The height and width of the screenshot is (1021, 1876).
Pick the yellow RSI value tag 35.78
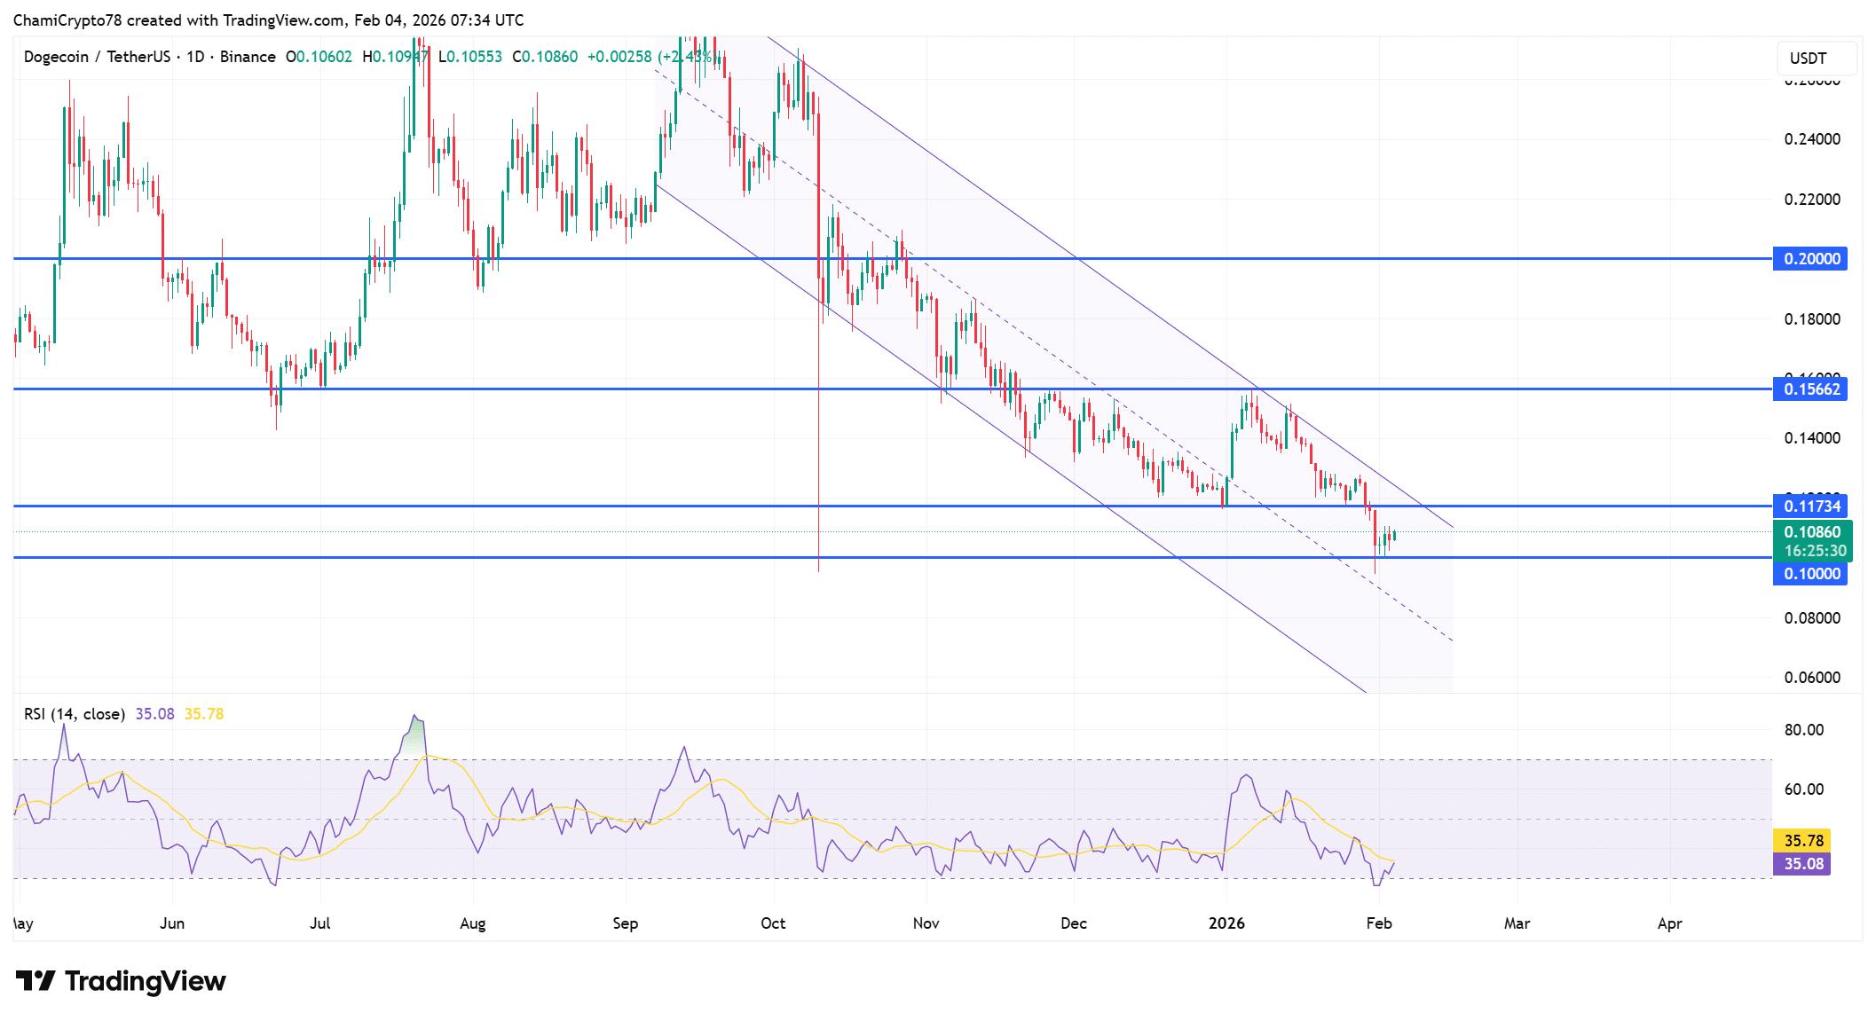1801,840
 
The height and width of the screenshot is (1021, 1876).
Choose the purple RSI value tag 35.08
1801,863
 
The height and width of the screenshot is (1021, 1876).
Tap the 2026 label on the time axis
1226,923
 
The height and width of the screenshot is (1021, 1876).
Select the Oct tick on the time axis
773,923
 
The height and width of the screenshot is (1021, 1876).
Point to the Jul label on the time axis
320,923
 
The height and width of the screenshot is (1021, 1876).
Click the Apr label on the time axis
1669,923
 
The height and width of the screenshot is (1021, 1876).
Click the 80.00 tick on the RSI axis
1803,730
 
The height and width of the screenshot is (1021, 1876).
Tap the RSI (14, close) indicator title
75,714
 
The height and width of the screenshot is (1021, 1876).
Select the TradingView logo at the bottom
121,981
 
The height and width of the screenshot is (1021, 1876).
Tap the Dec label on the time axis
1074,923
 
